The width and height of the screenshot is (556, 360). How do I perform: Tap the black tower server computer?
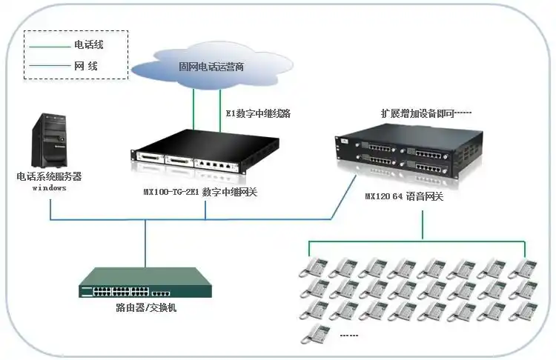pyautogui.click(x=50, y=141)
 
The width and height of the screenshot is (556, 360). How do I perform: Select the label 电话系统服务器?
pyautogui.click(x=49, y=177)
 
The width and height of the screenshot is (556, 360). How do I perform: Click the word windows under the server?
pyautogui.click(x=49, y=188)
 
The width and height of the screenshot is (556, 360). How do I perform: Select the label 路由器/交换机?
pyautogui.click(x=146, y=307)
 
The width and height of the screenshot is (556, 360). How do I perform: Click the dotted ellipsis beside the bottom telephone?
pyautogui.click(x=348, y=336)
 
